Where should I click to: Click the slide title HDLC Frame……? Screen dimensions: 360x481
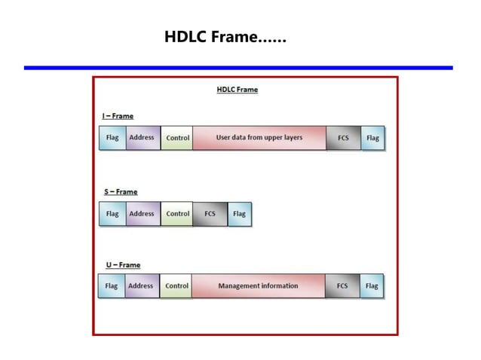pyautogui.click(x=225, y=37)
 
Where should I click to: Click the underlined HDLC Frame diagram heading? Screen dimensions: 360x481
pyautogui.click(x=237, y=90)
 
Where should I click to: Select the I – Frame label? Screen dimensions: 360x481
pyautogui.click(x=118, y=116)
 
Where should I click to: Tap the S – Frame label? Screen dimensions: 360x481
pyautogui.click(x=121, y=192)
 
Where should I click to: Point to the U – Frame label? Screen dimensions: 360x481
pyautogui.click(x=123, y=265)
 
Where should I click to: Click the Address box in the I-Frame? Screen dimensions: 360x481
pyautogui.click(x=142, y=138)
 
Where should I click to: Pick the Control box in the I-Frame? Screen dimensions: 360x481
pyautogui.click(x=177, y=139)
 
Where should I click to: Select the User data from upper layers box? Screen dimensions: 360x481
pyautogui.click(x=259, y=138)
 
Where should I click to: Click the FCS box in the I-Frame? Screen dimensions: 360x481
pyautogui.click(x=343, y=139)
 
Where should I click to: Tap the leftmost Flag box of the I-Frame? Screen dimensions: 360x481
pyautogui.click(x=112, y=138)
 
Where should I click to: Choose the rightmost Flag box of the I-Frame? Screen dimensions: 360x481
pyautogui.click(x=372, y=139)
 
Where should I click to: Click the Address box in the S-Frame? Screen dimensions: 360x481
pyautogui.click(x=142, y=214)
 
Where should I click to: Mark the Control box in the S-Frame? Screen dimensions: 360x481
pyautogui.click(x=177, y=214)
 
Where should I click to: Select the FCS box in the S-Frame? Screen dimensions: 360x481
pyautogui.click(x=210, y=214)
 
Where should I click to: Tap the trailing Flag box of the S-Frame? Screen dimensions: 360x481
pyautogui.click(x=239, y=214)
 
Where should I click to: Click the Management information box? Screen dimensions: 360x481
pyautogui.click(x=258, y=286)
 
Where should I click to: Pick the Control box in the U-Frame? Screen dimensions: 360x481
pyautogui.click(x=176, y=286)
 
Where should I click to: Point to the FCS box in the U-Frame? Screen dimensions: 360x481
pyautogui.click(x=342, y=286)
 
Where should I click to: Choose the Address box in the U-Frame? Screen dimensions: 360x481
pyautogui.click(x=141, y=286)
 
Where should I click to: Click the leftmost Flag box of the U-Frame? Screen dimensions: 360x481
pyautogui.click(x=112, y=286)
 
